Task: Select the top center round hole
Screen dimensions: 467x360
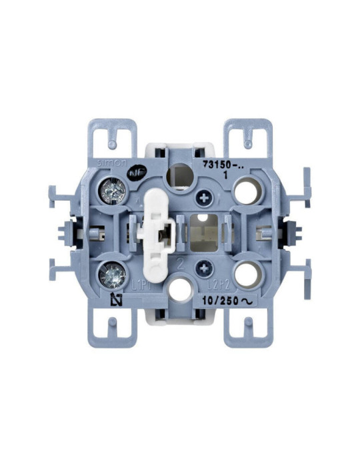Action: point(179,176)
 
